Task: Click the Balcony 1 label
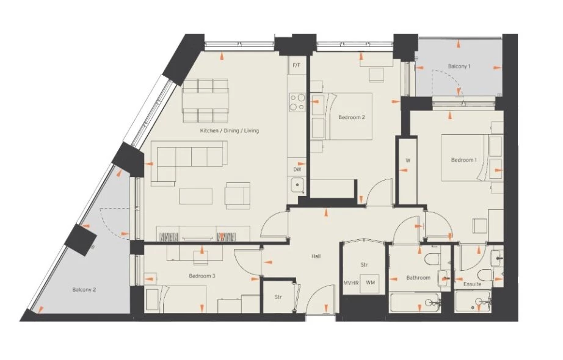459,67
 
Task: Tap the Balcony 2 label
84,290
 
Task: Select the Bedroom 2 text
352,117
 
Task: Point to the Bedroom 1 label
464,160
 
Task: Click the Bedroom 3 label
202,276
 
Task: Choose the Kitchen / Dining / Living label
230,131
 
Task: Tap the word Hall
316,256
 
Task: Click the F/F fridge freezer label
297,65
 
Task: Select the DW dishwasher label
297,170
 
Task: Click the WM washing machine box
370,284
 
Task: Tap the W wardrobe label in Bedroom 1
408,160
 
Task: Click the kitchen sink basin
297,185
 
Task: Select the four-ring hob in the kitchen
297,102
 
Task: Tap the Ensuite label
472,284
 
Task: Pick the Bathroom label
418,278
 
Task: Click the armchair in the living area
238,196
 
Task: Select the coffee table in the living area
196,196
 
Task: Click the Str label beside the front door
278,297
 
